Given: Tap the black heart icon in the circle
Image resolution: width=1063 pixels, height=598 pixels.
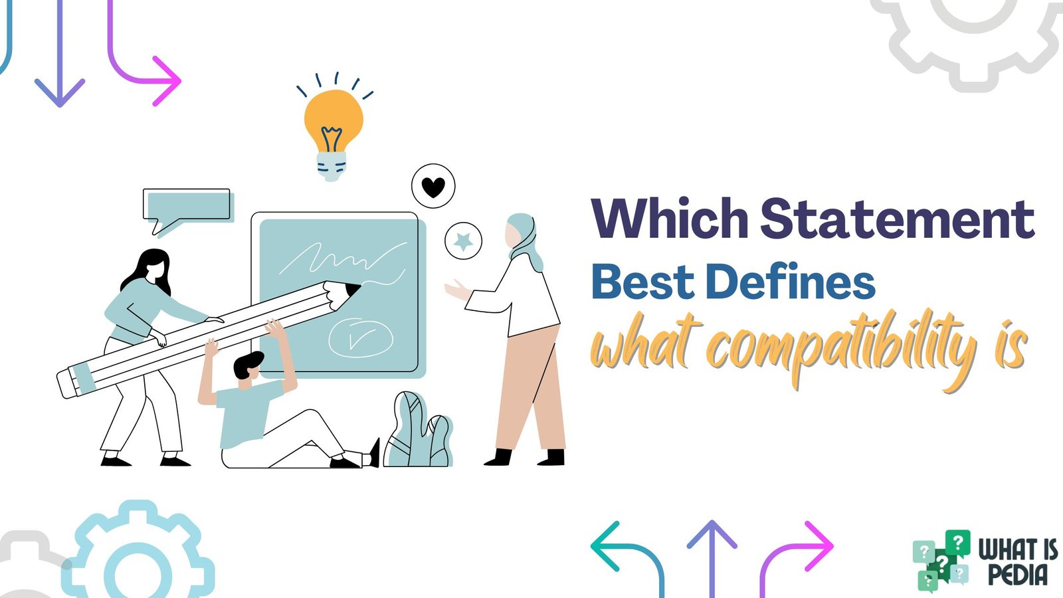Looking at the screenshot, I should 433,187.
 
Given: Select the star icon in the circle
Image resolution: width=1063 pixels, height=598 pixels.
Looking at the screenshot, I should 463,241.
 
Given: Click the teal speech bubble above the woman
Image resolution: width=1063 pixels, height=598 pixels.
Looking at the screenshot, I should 187,205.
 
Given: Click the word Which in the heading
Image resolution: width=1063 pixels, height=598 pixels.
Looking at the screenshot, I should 670,219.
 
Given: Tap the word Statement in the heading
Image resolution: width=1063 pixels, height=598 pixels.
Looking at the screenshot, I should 897,219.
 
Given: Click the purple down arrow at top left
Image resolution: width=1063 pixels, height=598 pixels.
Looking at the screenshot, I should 59,60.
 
